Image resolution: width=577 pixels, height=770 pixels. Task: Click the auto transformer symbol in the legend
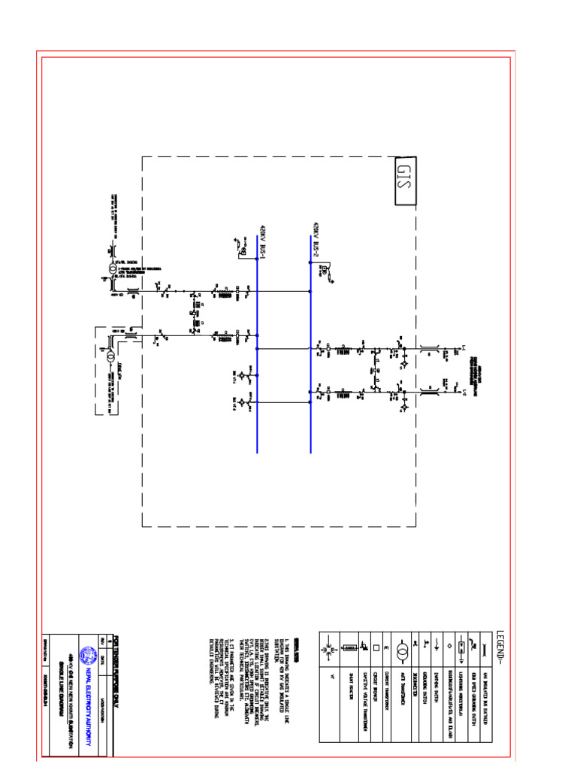point(402,649)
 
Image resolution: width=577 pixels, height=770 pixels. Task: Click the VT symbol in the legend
point(331,648)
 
